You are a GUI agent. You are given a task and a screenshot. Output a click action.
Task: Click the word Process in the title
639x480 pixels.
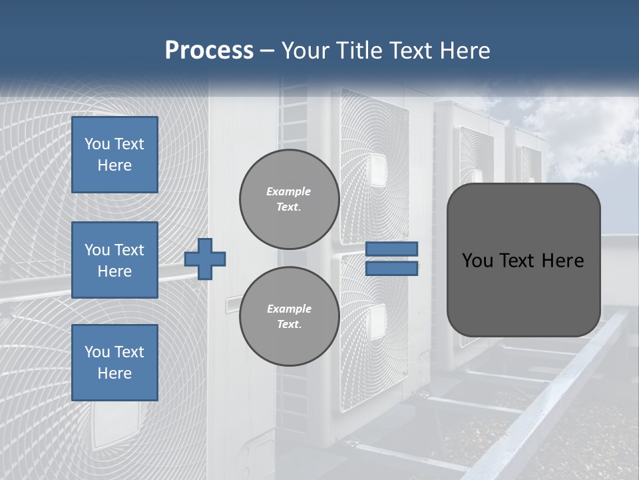tap(209, 51)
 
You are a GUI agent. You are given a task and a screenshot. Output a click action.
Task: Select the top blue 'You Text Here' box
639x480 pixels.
tap(114, 155)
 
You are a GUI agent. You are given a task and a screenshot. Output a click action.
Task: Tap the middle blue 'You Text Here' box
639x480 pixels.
tap(114, 260)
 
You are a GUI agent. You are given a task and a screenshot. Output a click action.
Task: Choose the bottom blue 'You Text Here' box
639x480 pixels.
tap(114, 362)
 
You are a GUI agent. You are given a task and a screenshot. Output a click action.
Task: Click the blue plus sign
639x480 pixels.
tap(205, 259)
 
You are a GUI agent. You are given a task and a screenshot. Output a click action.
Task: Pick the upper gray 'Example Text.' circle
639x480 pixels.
tap(289, 199)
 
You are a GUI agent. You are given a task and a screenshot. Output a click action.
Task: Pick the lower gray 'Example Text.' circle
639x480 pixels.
tap(289, 316)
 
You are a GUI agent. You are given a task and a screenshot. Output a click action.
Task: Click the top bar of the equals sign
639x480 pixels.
tap(391, 249)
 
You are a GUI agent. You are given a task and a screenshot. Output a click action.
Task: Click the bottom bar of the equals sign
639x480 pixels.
tap(391, 269)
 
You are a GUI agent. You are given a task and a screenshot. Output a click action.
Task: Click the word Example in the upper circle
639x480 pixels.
tap(289, 191)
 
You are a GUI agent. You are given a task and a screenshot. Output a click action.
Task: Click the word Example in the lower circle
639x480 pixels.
tap(289, 309)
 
